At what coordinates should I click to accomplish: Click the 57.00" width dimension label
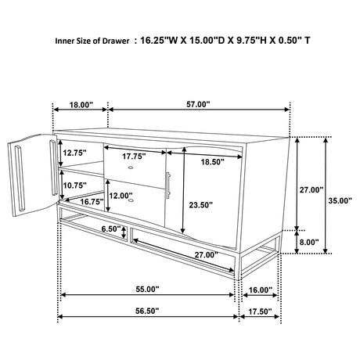pos(198,104)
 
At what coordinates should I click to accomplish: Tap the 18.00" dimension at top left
pos(81,105)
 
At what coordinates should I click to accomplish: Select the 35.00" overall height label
pos(340,200)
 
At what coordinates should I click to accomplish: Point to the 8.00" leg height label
pos(309,242)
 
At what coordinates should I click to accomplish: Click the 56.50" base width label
pos(147,311)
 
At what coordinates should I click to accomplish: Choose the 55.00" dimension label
pos(147,290)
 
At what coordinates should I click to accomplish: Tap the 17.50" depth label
pos(260,311)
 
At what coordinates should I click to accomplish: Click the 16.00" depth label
pos(261,290)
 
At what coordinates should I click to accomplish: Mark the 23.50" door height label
pos(201,205)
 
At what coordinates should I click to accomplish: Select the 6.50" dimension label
pos(111,229)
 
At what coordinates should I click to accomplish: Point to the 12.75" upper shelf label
pos(74,153)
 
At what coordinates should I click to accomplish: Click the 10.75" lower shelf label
pos(75,185)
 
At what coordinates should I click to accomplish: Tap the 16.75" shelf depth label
pos(92,202)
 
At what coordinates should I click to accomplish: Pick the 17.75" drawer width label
pos(134,157)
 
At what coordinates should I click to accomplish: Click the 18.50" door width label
pos(213,162)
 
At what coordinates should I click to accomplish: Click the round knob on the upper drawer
pos(131,167)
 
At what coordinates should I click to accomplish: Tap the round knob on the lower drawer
pos(131,200)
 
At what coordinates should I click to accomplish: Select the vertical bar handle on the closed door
pos(168,185)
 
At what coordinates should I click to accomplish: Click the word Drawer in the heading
pos(116,41)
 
